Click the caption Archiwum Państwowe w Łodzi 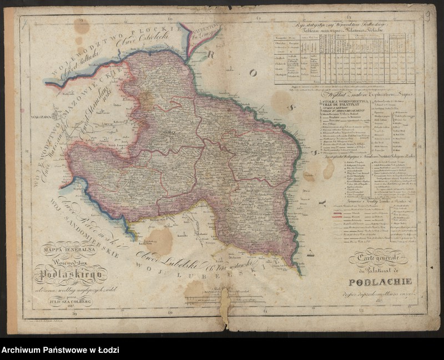point(60,351)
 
